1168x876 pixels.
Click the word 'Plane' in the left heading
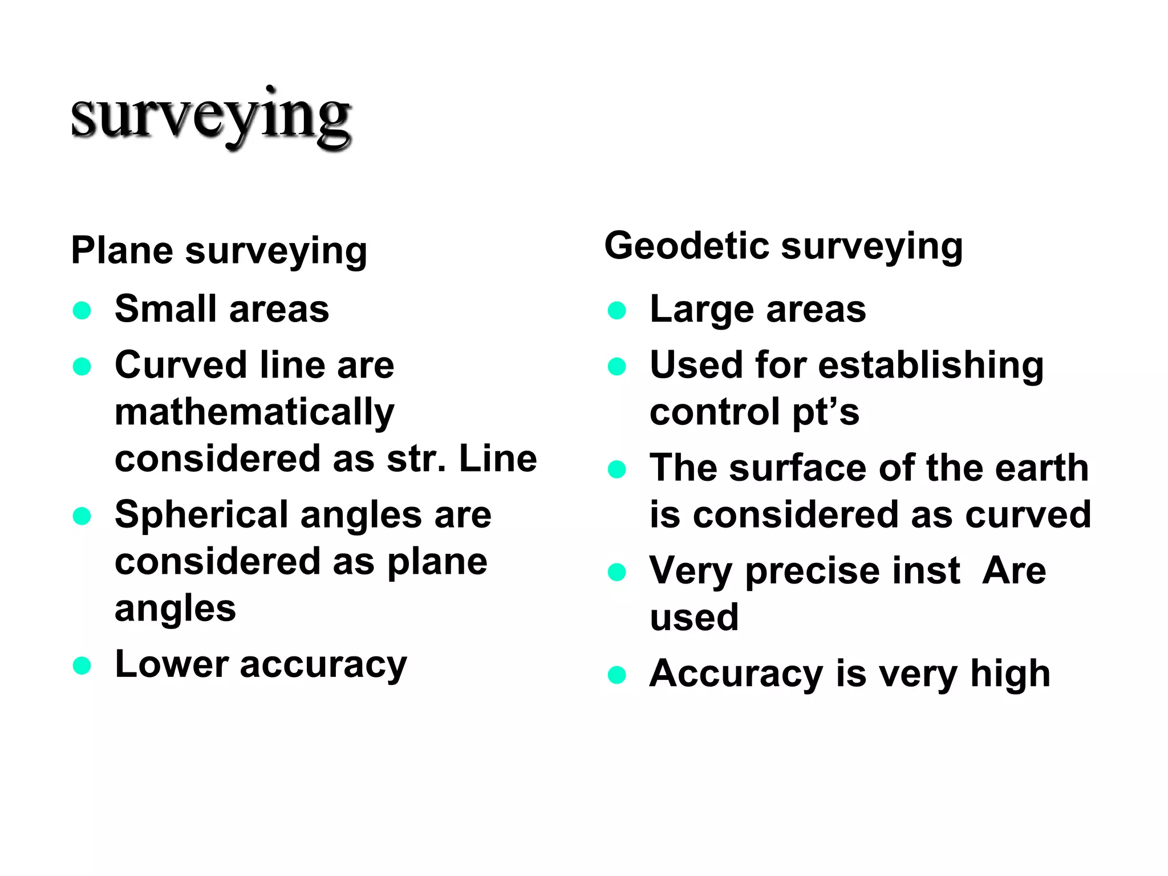click(122, 250)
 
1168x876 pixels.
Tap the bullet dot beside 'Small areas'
click(82, 311)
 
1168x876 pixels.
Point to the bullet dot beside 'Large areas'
click(617, 311)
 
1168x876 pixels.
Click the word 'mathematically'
click(254, 413)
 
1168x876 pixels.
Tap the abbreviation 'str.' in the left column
click(416, 459)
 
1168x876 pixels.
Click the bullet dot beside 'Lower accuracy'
click(82, 666)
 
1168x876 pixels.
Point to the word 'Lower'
click(171, 664)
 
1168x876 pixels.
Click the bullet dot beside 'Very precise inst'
click(617, 572)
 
